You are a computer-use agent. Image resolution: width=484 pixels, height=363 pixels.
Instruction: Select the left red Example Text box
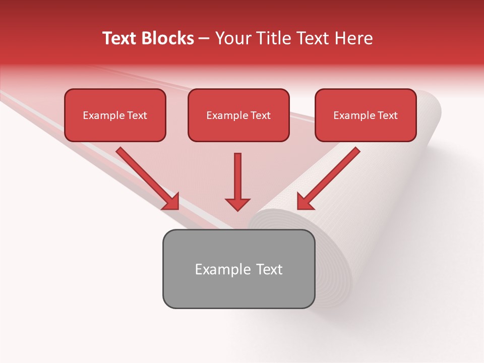click(x=115, y=115)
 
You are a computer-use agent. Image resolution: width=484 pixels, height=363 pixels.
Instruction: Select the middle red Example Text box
click(x=238, y=115)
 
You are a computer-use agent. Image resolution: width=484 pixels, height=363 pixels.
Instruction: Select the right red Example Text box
click(x=366, y=115)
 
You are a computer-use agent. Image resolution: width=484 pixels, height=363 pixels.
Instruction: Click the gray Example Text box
click(x=238, y=269)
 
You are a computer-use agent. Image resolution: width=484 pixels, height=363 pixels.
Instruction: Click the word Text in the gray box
click(x=270, y=269)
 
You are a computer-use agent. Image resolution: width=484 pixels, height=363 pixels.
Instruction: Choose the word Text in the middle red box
click(x=260, y=115)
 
